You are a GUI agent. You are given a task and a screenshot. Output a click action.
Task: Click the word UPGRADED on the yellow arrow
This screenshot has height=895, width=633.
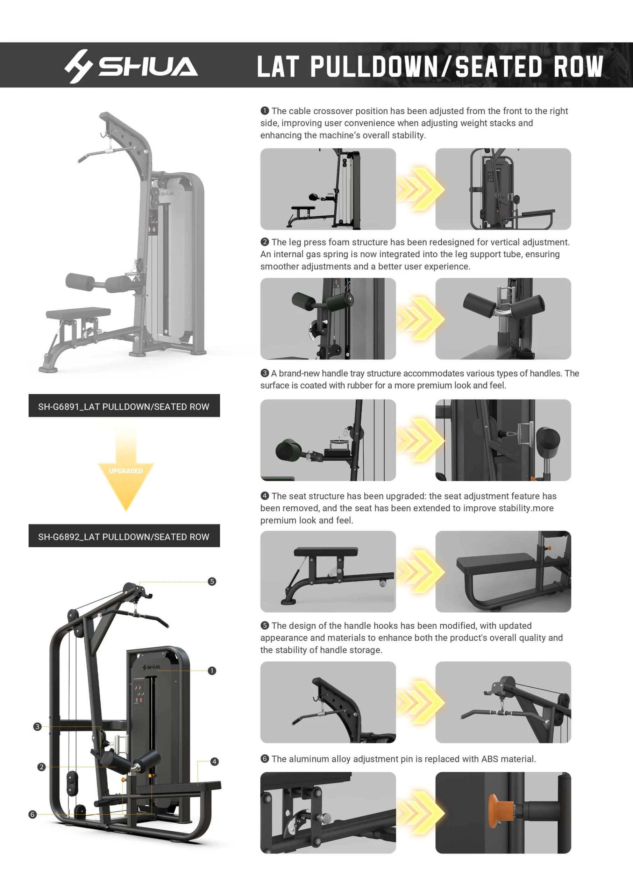[126, 471]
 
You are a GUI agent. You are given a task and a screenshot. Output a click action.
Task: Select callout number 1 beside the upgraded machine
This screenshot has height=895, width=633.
[212, 671]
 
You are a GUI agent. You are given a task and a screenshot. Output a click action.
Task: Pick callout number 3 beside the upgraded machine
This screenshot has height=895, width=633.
[37, 726]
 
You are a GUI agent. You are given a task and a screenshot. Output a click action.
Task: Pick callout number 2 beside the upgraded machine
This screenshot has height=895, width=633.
[41, 767]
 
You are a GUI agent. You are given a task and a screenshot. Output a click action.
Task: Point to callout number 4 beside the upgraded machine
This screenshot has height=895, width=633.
[214, 762]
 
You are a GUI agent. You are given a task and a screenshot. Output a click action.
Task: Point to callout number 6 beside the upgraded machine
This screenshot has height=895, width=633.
[33, 814]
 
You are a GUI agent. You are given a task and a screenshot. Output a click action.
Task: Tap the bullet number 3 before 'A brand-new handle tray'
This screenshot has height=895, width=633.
[264, 373]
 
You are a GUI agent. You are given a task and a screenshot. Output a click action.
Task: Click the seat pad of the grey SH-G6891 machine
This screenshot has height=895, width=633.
[78, 312]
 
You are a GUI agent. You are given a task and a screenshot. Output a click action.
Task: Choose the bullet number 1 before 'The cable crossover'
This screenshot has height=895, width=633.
[264, 111]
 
